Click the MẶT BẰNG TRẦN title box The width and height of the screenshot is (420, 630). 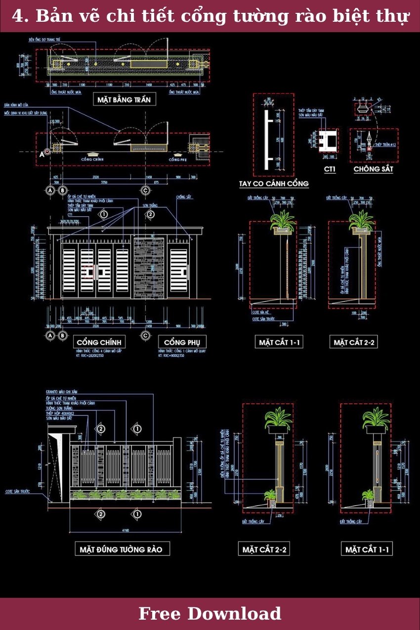pos(124,100)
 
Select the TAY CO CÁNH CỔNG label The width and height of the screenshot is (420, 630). pos(274,183)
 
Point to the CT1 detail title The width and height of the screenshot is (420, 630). pos(330,169)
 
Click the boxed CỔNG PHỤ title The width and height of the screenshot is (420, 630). pos(182,342)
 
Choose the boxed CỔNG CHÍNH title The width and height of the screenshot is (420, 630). pos(99,342)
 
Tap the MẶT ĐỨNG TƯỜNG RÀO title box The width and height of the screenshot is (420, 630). pos(121,549)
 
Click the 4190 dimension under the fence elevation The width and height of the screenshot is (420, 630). pos(125,531)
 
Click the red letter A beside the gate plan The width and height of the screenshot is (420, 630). pos(42,153)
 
